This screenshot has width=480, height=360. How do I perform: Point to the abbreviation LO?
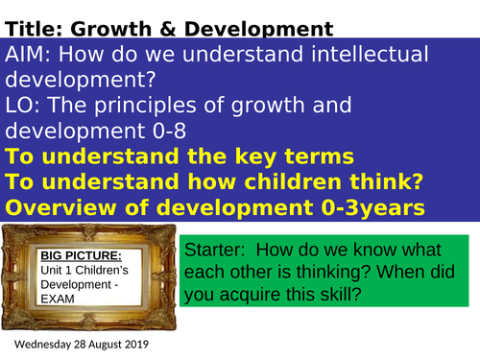pos(20,105)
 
